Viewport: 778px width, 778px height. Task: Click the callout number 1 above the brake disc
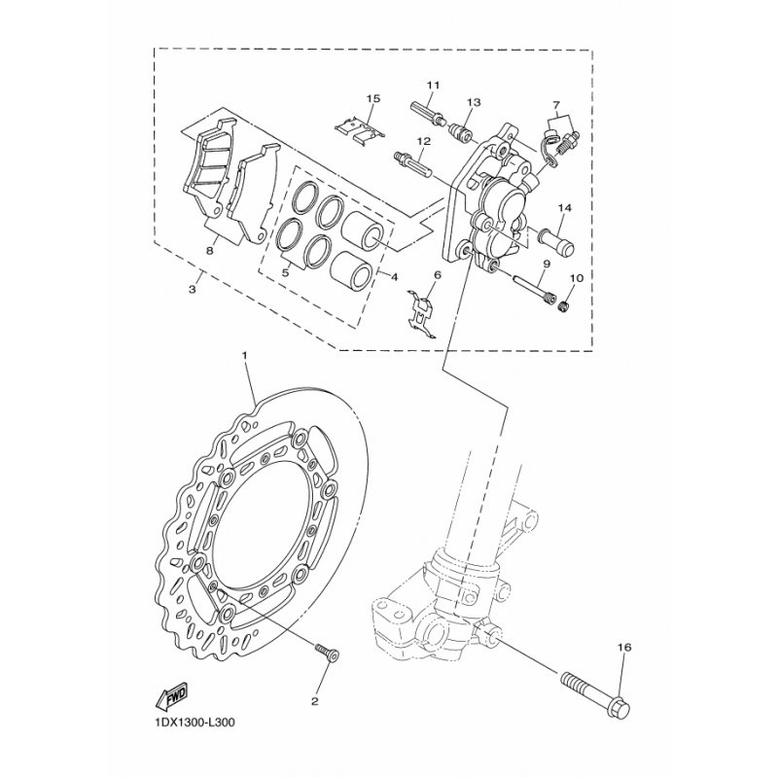[x=245, y=355]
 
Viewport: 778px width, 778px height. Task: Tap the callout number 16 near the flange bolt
[x=624, y=647]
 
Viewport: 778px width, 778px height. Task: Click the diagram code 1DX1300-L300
[x=191, y=723]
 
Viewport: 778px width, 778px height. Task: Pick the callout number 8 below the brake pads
[x=210, y=251]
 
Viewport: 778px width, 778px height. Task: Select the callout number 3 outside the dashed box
[x=193, y=289]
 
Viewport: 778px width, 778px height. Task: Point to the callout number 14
[x=565, y=207]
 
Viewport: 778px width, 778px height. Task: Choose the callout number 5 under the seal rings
[x=285, y=273]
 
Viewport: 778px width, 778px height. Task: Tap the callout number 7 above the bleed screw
[x=556, y=105]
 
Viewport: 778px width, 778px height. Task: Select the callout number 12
[x=423, y=141]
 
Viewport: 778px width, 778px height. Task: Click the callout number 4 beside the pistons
[x=395, y=277]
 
